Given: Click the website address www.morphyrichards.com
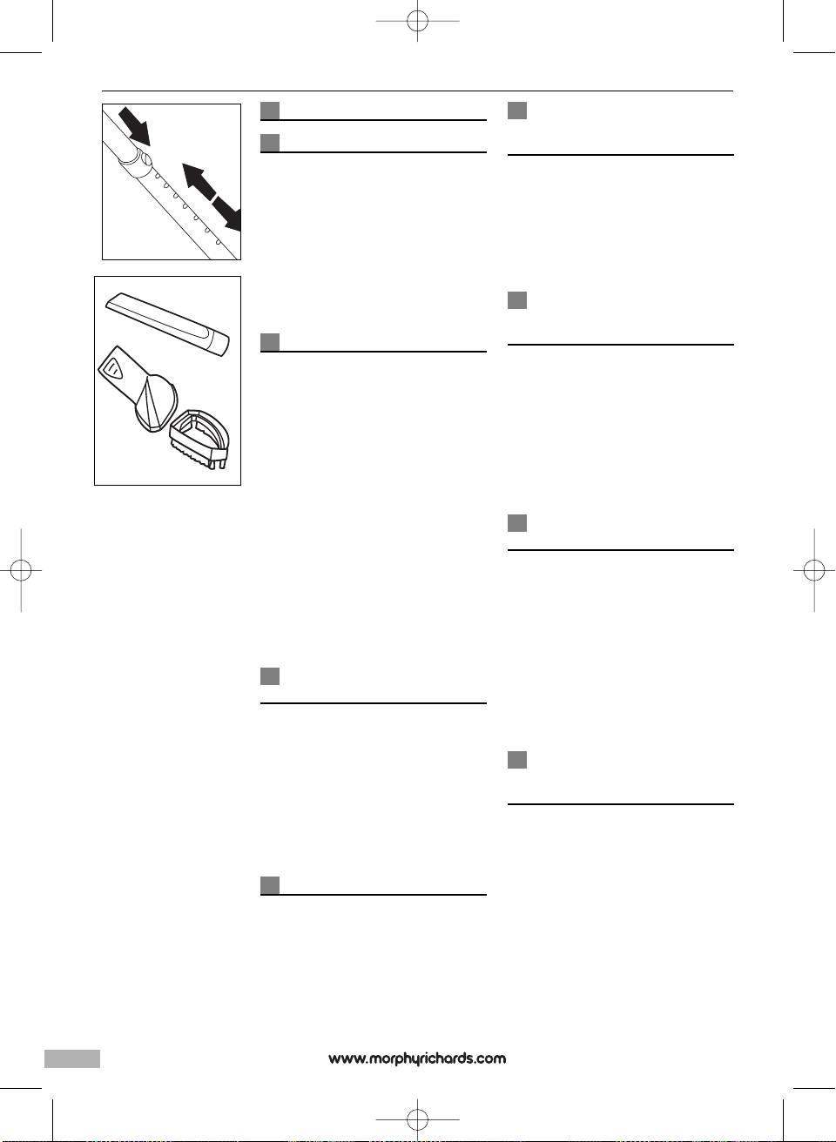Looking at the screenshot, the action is [417, 1058].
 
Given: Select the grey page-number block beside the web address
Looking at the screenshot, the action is [72, 1058].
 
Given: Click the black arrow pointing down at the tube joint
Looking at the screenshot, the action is [135, 125].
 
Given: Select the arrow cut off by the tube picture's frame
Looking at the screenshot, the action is [227, 213].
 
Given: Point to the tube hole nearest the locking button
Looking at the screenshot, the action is [158, 177].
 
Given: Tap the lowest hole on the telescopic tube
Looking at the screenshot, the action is [218, 241].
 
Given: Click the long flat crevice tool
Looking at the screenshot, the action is [167, 325].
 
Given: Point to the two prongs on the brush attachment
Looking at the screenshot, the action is [219, 462].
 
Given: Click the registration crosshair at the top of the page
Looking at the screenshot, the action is [417, 21].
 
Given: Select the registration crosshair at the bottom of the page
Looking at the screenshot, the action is [417, 1120].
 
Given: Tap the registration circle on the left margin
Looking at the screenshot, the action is [21, 570].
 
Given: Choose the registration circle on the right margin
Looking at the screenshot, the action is [814, 570].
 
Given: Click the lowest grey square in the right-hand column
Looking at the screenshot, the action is [517, 760].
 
